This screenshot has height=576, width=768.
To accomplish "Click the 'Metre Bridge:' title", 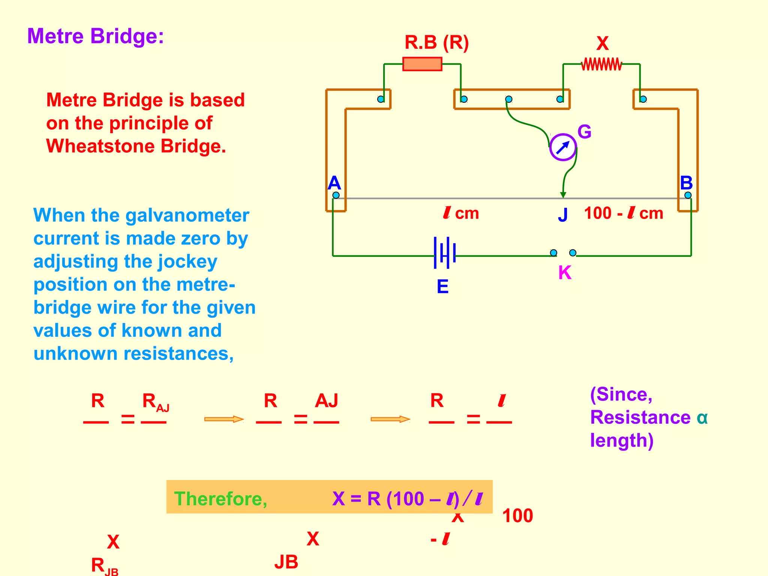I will (95, 36).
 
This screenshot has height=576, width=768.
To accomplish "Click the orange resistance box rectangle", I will (422, 64).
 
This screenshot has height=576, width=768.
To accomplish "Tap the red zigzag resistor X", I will (601, 64).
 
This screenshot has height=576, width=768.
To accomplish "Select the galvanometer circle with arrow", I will (562, 147).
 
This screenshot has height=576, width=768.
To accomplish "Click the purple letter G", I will (584, 132).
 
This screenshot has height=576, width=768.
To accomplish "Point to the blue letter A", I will (334, 183).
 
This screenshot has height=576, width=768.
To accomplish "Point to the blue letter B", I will (686, 183).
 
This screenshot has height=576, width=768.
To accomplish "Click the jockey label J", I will (562, 215).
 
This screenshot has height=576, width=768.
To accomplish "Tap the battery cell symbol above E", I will (444, 252).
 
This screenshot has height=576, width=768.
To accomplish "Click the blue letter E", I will (442, 287).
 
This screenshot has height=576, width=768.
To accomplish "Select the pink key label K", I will (565, 273).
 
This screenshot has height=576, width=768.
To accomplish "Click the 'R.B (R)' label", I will (436, 42).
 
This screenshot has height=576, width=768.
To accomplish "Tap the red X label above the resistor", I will (602, 44).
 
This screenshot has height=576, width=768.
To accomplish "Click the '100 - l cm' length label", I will (623, 213).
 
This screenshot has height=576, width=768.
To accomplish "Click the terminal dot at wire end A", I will (336, 195).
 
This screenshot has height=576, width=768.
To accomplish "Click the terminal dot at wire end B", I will (688, 195).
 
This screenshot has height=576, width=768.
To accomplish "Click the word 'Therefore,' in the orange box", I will (220, 499).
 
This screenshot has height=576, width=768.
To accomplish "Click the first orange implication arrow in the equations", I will (224, 419).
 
